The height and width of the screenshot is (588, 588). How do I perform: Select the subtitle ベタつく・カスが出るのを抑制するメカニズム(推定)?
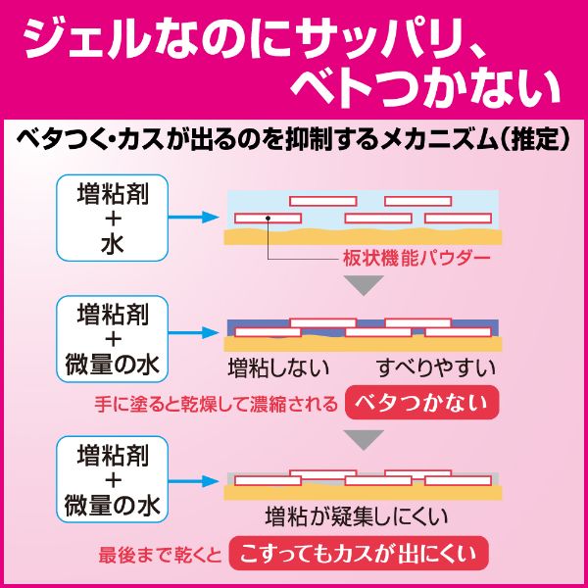[294, 140]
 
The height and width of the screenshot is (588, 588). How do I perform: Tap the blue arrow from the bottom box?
[197, 480]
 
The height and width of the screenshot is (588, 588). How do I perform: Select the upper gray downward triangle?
[366, 285]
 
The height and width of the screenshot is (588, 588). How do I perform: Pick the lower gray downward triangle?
[366, 439]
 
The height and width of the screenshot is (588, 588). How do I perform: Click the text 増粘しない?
[278, 368]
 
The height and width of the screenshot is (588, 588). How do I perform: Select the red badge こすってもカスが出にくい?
[358, 554]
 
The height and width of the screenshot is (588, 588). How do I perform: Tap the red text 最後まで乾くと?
[160, 555]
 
